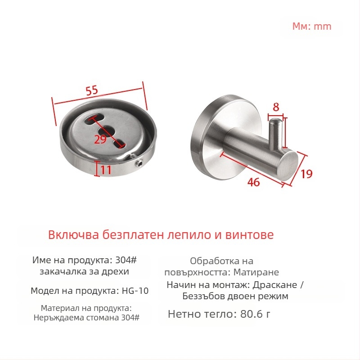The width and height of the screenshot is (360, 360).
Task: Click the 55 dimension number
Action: pyautogui.click(x=92, y=90)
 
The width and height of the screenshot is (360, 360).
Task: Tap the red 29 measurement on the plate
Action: pyautogui.click(x=100, y=139)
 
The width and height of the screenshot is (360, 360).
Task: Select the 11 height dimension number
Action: pyautogui.click(x=106, y=170)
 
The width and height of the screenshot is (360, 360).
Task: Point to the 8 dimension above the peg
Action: pyautogui.click(x=276, y=107)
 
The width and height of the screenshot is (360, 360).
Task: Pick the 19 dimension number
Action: pyautogui.click(x=306, y=174)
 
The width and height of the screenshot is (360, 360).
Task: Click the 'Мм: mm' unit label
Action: pyautogui.click(x=312, y=26)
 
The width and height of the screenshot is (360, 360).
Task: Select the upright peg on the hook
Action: pyautogui.click(x=275, y=133)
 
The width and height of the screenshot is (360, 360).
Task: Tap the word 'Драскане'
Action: pyautogui.click(x=276, y=285)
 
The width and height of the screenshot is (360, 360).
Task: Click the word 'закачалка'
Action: pyautogui.click(x=61, y=272)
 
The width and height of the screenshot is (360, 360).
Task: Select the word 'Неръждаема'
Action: pyautogui.click(x=55, y=318)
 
